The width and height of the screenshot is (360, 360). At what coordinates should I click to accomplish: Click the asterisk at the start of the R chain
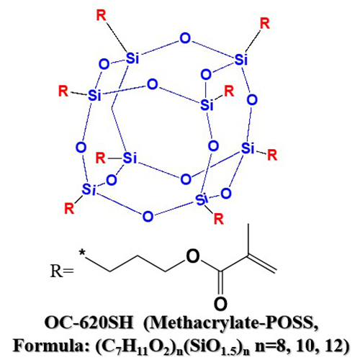click(x=82, y=253)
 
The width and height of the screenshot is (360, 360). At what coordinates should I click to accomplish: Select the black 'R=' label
click(x=62, y=271)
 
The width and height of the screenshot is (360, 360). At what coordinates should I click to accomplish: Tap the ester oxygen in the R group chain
click(x=193, y=256)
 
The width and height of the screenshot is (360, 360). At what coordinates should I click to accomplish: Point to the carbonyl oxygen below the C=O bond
click(x=220, y=303)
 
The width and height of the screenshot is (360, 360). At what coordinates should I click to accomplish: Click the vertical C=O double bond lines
click(x=220, y=283)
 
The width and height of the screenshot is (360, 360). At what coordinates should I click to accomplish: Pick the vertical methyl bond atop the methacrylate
click(x=248, y=239)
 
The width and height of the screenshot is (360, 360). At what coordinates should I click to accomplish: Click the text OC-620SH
click(x=89, y=323)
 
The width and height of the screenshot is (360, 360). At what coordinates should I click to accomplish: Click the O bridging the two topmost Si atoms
click(x=185, y=38)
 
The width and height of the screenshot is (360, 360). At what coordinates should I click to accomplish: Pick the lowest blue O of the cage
click(x=148, y=217)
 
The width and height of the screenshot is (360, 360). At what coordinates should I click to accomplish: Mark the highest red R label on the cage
click(x=101, y=15)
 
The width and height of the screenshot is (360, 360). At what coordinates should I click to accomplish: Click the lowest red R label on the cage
click(x=219, y=219)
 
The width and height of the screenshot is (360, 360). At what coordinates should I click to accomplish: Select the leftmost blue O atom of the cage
click(x=81, y=147)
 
